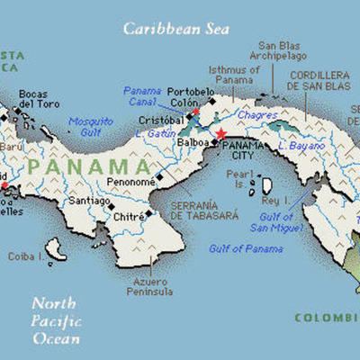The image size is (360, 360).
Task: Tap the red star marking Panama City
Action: pos(221,133)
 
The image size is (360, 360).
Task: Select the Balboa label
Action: pos(193,141)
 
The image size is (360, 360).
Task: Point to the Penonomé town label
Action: pos(130,181)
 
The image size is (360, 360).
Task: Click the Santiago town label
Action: pos(88,201)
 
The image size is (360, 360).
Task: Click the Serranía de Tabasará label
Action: pos(191,210)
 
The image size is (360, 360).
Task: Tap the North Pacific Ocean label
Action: pos(55,320)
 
